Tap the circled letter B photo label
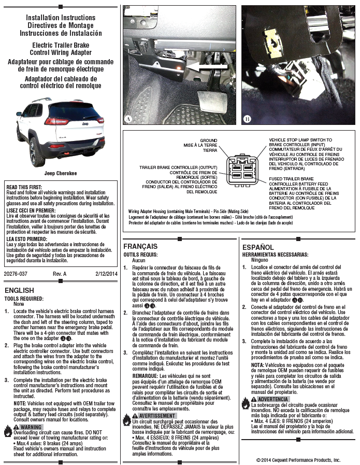(x=248, y=119)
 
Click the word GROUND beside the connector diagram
(x=208, y=140)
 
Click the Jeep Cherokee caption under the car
(x=61, y=174)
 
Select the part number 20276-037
(x=15, y=273)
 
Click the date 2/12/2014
(x=106, y=273)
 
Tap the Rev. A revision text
(x=60, y=273)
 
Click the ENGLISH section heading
(x=19, y=290)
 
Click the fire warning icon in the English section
(x=8, y=427)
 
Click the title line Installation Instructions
(x=61, y=18)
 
